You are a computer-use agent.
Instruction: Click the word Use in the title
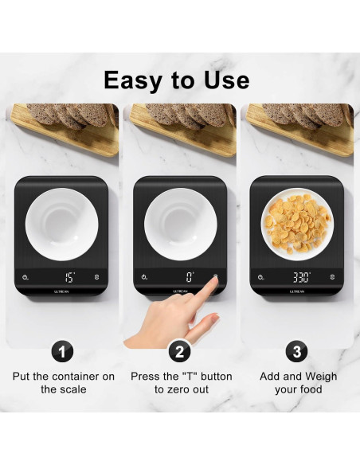[x=225, y=80]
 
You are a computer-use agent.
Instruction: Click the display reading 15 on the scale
[x=69, y=278]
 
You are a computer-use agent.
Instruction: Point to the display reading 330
[x=301, y=278]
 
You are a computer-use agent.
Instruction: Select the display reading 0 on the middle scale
[x=190, y=278]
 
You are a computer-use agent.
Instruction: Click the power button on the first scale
[x=25, y=278]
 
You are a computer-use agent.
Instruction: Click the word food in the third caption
[x=311, y=389]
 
